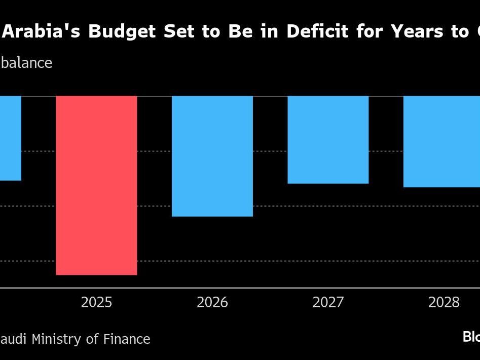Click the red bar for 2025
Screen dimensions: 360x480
[x=96, y=185]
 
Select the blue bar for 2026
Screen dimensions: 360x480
[x=212, y=156]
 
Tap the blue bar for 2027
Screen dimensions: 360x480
[x=328, y=139]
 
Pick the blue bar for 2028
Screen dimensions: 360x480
[x=441, y=141]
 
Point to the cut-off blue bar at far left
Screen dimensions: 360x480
[x=10, y=138]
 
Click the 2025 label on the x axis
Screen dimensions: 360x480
[x=96, y=303]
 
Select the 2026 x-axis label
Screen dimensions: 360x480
[x=212, y=303]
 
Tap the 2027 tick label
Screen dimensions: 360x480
[x=328, y=303]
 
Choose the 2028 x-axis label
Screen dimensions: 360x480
[x=444, y=303]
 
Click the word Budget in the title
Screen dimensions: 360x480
[x=123, y=31]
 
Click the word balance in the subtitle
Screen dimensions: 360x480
[x=26, y=63]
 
